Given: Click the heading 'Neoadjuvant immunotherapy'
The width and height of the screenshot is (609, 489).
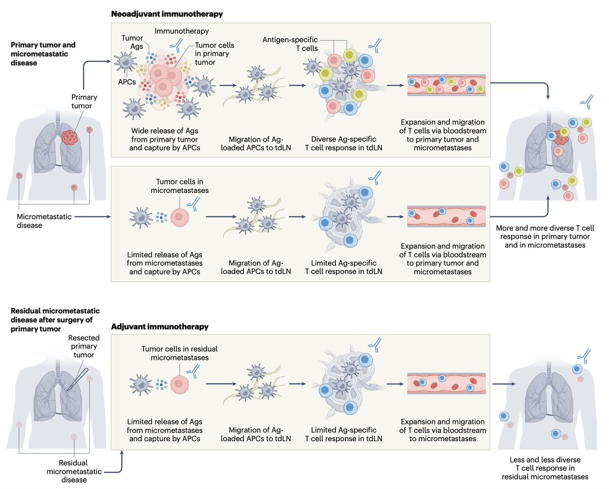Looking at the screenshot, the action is point(166,14).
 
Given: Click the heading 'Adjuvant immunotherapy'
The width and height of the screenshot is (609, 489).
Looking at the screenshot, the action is point(159,327).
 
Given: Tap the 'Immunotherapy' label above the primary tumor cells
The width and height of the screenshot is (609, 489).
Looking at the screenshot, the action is point(181,31).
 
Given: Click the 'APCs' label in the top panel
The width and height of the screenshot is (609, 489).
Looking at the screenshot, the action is point(127,82).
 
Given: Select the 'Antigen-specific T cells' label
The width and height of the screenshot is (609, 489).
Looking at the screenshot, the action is point(290,44).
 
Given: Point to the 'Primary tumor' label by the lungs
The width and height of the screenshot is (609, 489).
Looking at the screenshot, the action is point(84,102).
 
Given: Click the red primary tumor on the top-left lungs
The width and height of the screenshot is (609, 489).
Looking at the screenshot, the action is point(70,137).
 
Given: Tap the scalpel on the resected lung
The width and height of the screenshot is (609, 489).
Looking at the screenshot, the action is point(78,379).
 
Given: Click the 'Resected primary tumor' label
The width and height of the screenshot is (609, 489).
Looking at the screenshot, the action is point(84,346).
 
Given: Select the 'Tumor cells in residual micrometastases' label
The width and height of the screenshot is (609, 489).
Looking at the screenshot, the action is point(180,353).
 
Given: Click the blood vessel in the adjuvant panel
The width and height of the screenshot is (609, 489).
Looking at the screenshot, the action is point(446,384).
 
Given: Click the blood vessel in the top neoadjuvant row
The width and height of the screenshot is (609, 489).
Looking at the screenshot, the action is point(446,85).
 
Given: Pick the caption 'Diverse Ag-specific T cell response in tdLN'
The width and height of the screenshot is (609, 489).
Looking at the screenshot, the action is point(344,143).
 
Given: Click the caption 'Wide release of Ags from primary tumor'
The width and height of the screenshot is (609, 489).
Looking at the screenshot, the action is point(164,135).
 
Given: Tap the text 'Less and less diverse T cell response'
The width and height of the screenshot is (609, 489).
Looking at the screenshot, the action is point(545,464).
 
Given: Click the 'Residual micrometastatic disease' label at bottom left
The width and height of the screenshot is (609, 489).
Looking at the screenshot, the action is point(74,471).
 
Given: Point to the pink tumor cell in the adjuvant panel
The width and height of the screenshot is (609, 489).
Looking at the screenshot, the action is point(180,384).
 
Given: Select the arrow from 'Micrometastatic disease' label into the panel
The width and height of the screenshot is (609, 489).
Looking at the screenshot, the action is point(92,217).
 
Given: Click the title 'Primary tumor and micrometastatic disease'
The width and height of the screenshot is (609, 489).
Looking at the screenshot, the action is point(43,54).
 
